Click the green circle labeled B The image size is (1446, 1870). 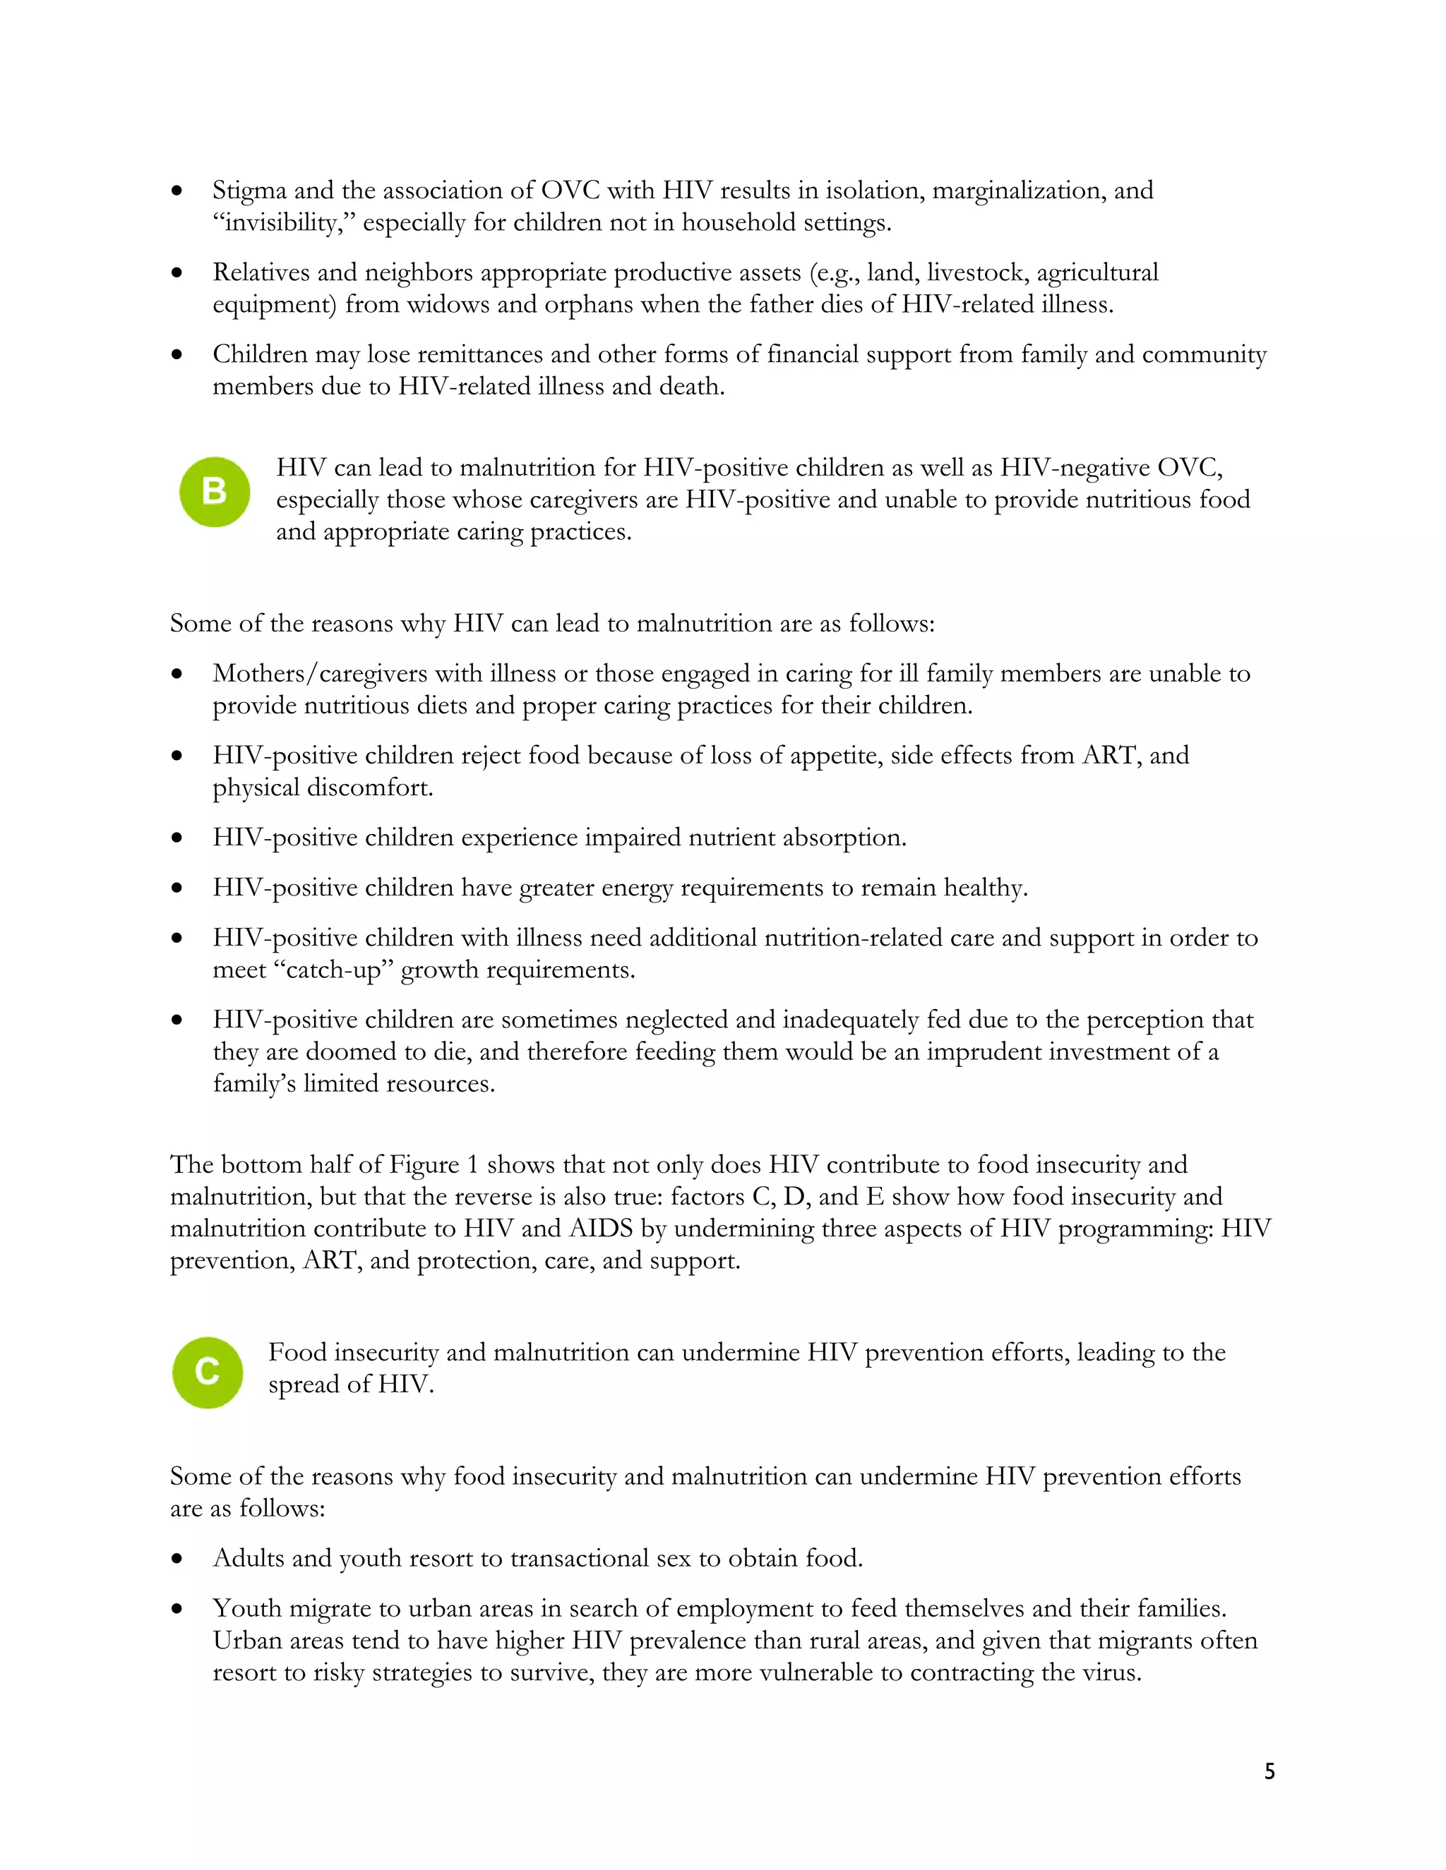pyautogui.click(x=214, y=491)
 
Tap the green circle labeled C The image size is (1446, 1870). pyautogui.click(x=208, y=1372)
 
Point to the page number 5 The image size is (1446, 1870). pyautogui.click(x=1269, y=1771)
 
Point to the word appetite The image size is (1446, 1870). pyautogui.click(x=840, y=756)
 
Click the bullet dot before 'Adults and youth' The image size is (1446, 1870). pyautogui.click(x=177, y=1558)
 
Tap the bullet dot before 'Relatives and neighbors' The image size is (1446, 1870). pyautogui.click(x=177, y=273)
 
